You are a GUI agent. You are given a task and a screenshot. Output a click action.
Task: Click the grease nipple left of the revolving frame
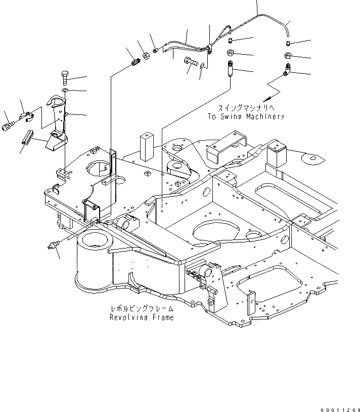click(53, 245)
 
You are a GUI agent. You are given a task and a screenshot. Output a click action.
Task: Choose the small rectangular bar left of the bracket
click(27, 137)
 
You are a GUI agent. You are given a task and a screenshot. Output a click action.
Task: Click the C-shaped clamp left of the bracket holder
click(26, 117)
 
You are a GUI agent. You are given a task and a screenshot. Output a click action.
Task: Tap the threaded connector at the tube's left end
click(134, 64)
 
